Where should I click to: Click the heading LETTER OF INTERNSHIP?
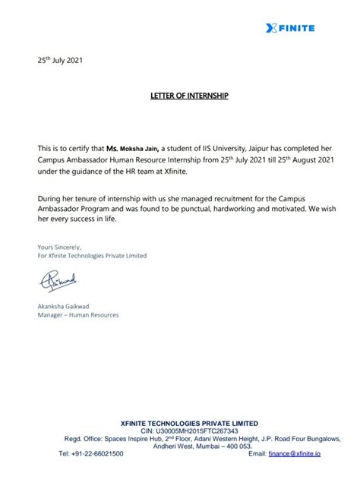179,98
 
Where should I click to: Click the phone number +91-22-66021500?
90,453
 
